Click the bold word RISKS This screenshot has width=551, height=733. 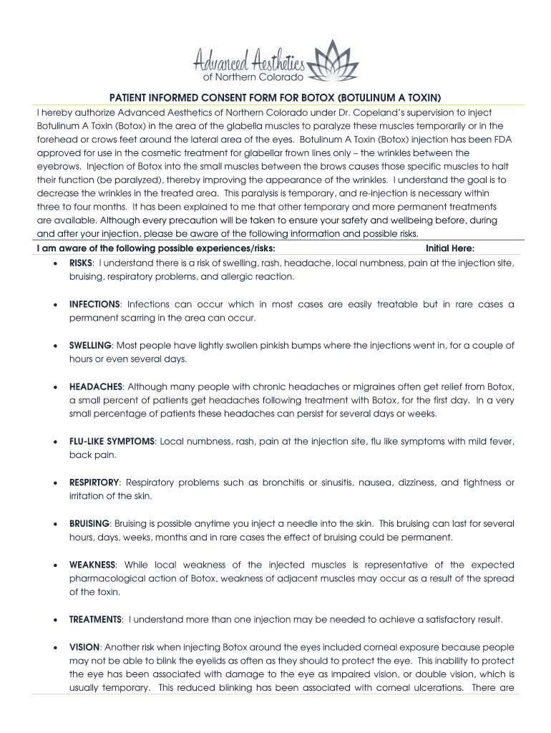pyautogui.click(x=82, y=263)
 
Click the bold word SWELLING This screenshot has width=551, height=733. pyautogui.click(x=90, y=345)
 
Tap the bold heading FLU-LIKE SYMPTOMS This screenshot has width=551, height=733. pyautogui.click(x=112, y=441)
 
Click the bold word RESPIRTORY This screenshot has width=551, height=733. pyautogui.click(x=94, y=482)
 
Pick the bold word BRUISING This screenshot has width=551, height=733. pyautogui.click(x=89, y=524)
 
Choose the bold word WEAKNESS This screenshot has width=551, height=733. pyautogui.click(x=92, y=565)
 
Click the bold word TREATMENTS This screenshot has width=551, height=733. pyautogui.click(x=95, y=619)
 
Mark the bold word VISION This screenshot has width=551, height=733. pyautogui.click(x=84, y=646)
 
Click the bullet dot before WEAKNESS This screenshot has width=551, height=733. pyautogui.click(x=56, y=565)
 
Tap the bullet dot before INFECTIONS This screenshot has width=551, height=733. pyautogui.click(x=56, y=305)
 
